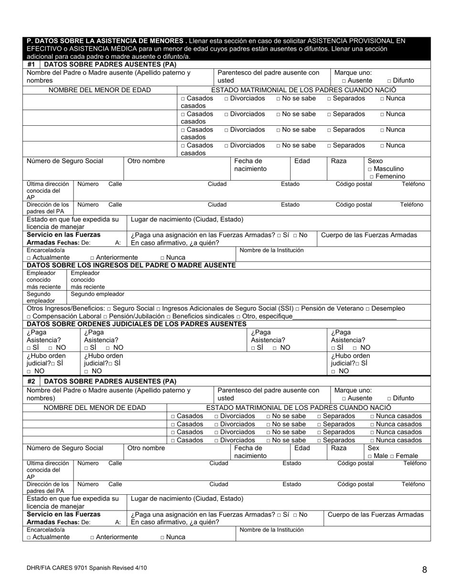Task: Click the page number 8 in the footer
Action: [424, 569]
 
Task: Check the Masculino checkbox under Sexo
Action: [370, 169]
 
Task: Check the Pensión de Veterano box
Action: [297, 309]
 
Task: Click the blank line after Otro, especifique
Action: [344, 317]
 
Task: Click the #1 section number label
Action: [31, 64]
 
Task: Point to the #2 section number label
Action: [31, 381]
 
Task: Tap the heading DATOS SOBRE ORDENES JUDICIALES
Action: [136, 324]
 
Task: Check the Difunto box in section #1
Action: [389, 81]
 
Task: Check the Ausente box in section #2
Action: [345, 399]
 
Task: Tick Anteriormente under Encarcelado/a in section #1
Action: [92, 258]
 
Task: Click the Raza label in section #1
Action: [338, 161]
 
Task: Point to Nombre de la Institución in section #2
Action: [271, 530]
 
